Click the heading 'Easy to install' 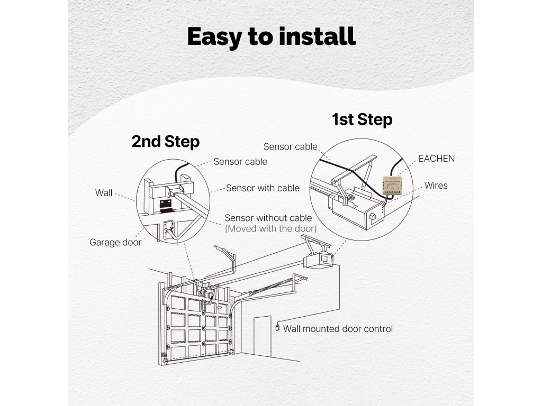pyautogui.click(x=271, y=36)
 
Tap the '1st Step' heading pyautogui.click(x=362, y=119)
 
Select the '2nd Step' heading pyautogui.click(x=165, y=142)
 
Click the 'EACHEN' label pyautogui.click(x=436, y=159)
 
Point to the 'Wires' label pyautogui.click(x=436, y=186)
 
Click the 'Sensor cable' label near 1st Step pyautogui.click(x=290, y=146)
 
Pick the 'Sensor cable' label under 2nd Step pyautogui.click(x=240, y=162)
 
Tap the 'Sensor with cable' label pyautogui.click(x=263, y=188)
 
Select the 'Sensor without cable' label pyautogui.click(x=268, y=218)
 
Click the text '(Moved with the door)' pyautogui.click(x=271, y=229)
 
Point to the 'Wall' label pyautogui.click(x=104, y=192)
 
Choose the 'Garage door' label pyautogui.click(x=115, y=243)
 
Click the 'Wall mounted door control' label pyautogui.click(x=338, y=329)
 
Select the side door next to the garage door pyautogui.click(x=262, y=336)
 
